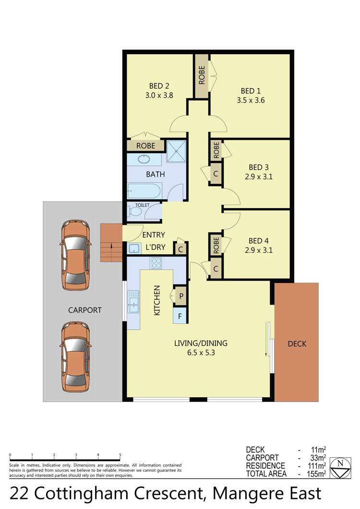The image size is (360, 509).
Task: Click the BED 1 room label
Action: click(x=251, y=91)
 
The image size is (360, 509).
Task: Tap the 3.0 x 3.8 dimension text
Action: click(x=159, y=95)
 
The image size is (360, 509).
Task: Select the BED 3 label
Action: click(x=258, y=167)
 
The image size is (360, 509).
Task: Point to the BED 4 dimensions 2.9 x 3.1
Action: click(x=258, y=250)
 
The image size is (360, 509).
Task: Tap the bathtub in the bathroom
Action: click(x=144, y=192)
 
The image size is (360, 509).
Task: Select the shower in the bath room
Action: click(x=176, y=151)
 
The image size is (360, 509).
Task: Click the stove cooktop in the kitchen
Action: click(x=156, y=263)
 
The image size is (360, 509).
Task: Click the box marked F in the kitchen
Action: click(x=180, y=316)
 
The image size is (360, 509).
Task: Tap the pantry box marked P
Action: click(x=180, y=296)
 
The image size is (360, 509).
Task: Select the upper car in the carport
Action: click(x=76, y=255)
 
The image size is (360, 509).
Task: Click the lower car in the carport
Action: click(x=76, y=357)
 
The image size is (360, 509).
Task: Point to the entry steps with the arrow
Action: click(x=111, y=243)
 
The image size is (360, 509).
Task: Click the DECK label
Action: click(x=297, y=343)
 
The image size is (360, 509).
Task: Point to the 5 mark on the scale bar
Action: click(x=120, y=455)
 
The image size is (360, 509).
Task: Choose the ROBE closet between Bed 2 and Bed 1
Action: click(x=202, y=76)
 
